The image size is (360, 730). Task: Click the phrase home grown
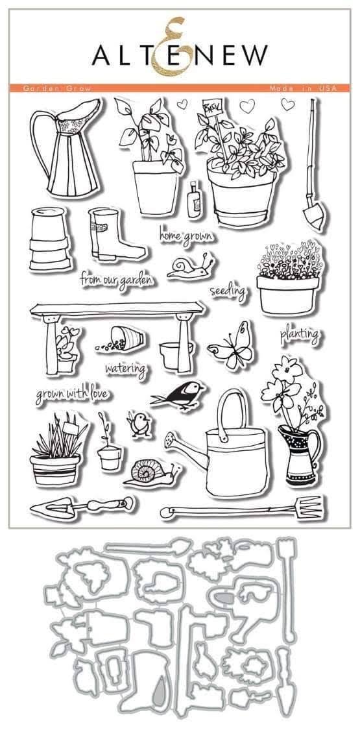[184, 236]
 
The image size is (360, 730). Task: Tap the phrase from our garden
[117, 280]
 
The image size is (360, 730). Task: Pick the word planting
[299, 335]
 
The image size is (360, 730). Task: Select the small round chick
[138, 425]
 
